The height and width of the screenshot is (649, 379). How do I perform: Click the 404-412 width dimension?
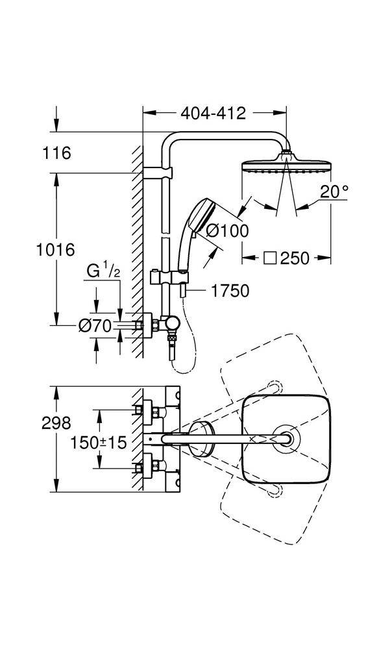pos(213,113)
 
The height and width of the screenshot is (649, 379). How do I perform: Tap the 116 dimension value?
pos(56,153)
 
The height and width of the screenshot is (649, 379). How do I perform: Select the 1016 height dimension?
pos(55,250)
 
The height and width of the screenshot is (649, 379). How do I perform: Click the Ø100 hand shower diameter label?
pos(228,230)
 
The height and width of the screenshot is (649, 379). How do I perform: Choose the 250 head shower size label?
pos(294,258)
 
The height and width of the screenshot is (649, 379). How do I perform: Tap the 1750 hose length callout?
pos(230,291)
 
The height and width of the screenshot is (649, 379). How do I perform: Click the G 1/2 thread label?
pos(103,271)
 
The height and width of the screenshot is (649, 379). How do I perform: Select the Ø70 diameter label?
pos(95,326)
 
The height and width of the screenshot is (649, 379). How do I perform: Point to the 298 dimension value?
pos(56,423)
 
